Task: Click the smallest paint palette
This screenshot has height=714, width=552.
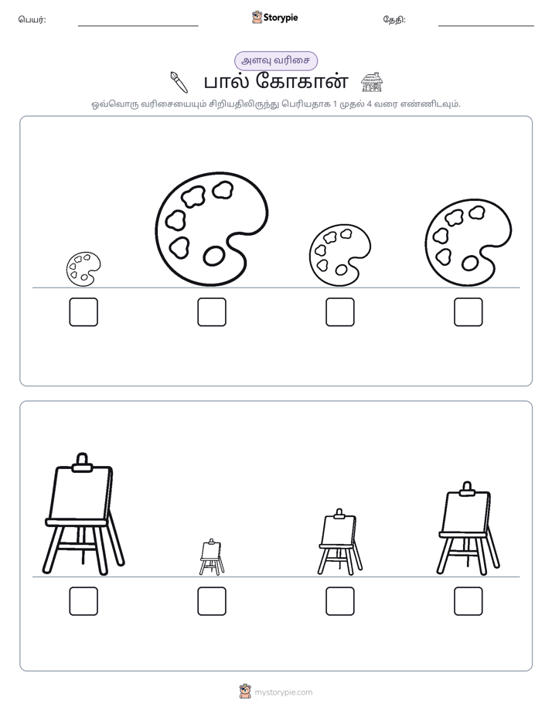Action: click(x=83, y=269)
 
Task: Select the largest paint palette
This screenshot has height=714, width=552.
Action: click(x=211, y=229)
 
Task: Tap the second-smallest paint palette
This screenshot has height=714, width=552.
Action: click(x=339, y=256)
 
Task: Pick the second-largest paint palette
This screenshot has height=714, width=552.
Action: click(x=469, y=243)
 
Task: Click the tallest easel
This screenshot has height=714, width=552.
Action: click(x=83, y=514)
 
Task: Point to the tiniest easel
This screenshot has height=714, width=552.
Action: click(x=212, y=557)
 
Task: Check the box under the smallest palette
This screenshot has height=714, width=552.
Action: click(x=83, y=312)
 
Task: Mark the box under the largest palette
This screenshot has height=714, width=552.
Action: click(x=212, y=312)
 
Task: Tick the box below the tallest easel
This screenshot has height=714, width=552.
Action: click(x=83, y=601)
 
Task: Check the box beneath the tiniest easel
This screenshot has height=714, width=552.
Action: click(x=212, y=601)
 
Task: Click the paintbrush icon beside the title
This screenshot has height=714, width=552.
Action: click(x=179, y=82)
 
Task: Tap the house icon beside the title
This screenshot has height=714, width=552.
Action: click(x=372, y=82)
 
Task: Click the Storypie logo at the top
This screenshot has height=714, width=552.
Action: click(x=274, y=18)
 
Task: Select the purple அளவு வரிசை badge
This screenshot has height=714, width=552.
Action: click(x=276, y=61)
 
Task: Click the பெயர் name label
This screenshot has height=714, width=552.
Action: click(x=32, y=19)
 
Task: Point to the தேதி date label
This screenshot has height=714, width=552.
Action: click(x=394, y=19)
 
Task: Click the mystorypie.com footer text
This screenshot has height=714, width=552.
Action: click(x=283, y=692)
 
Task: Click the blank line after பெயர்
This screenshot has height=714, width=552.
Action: click(x=138, y=26)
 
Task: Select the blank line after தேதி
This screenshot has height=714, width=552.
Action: click(x=486, y=26)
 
